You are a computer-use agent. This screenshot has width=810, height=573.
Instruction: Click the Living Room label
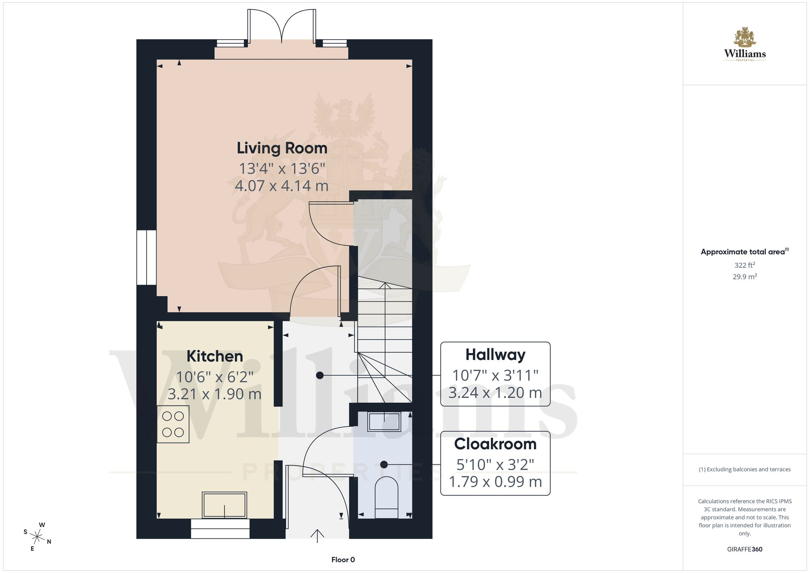[282, 148]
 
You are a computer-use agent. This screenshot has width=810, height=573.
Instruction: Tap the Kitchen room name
[215, 356]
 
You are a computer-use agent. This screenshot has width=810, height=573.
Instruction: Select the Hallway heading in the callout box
[495, 355]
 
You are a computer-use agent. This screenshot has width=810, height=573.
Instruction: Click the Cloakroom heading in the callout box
[495, 444]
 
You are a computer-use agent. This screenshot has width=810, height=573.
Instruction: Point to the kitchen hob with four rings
[173, 424]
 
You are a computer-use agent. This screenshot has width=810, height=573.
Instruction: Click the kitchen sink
[224, 505]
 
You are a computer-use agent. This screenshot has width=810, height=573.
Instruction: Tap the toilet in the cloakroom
[386, 498]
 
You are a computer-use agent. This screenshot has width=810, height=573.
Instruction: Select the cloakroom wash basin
[384, 422]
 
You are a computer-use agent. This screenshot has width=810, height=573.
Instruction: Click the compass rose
[37, 537]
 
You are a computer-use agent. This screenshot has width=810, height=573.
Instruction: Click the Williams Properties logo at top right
[745, 44]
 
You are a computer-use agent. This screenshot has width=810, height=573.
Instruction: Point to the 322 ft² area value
[745, 265]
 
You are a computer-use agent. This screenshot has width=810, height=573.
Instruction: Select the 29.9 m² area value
[745, 277]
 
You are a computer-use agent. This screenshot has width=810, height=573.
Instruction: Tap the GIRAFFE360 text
[745, 550]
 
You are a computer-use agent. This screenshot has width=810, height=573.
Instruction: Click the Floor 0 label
[343, 560]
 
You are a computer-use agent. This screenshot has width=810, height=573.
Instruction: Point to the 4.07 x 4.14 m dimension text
[282, 186]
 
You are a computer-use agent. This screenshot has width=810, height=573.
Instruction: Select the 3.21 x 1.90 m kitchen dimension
[215, 394]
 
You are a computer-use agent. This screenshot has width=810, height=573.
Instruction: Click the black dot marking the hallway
[320, 375]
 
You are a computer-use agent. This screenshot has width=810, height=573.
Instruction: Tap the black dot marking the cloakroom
[384, 464]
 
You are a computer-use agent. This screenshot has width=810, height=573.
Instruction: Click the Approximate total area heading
[745, 252]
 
